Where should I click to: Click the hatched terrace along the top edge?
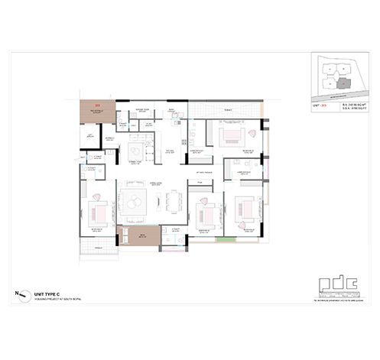[226, 111]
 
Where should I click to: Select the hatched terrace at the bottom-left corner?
[99, 249]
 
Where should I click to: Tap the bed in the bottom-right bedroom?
[243, 207]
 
